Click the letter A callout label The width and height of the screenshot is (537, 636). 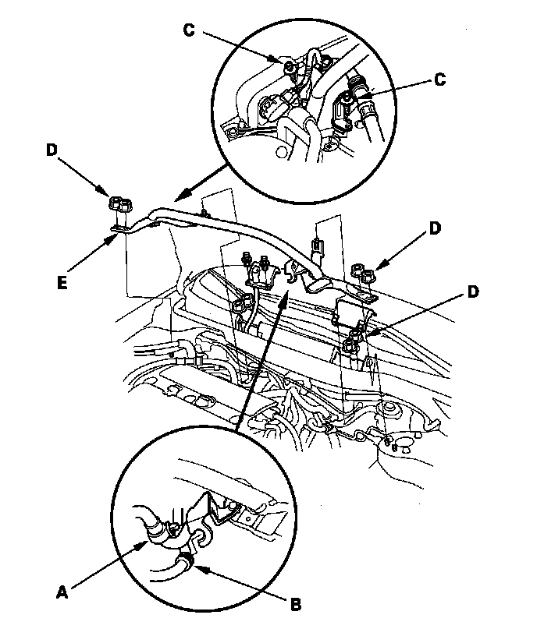click(62, 592)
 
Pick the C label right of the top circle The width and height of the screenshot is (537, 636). click(440, 78)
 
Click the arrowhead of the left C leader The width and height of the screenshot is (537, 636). click(279, 61)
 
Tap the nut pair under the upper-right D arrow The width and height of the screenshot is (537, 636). click(365, 273)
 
